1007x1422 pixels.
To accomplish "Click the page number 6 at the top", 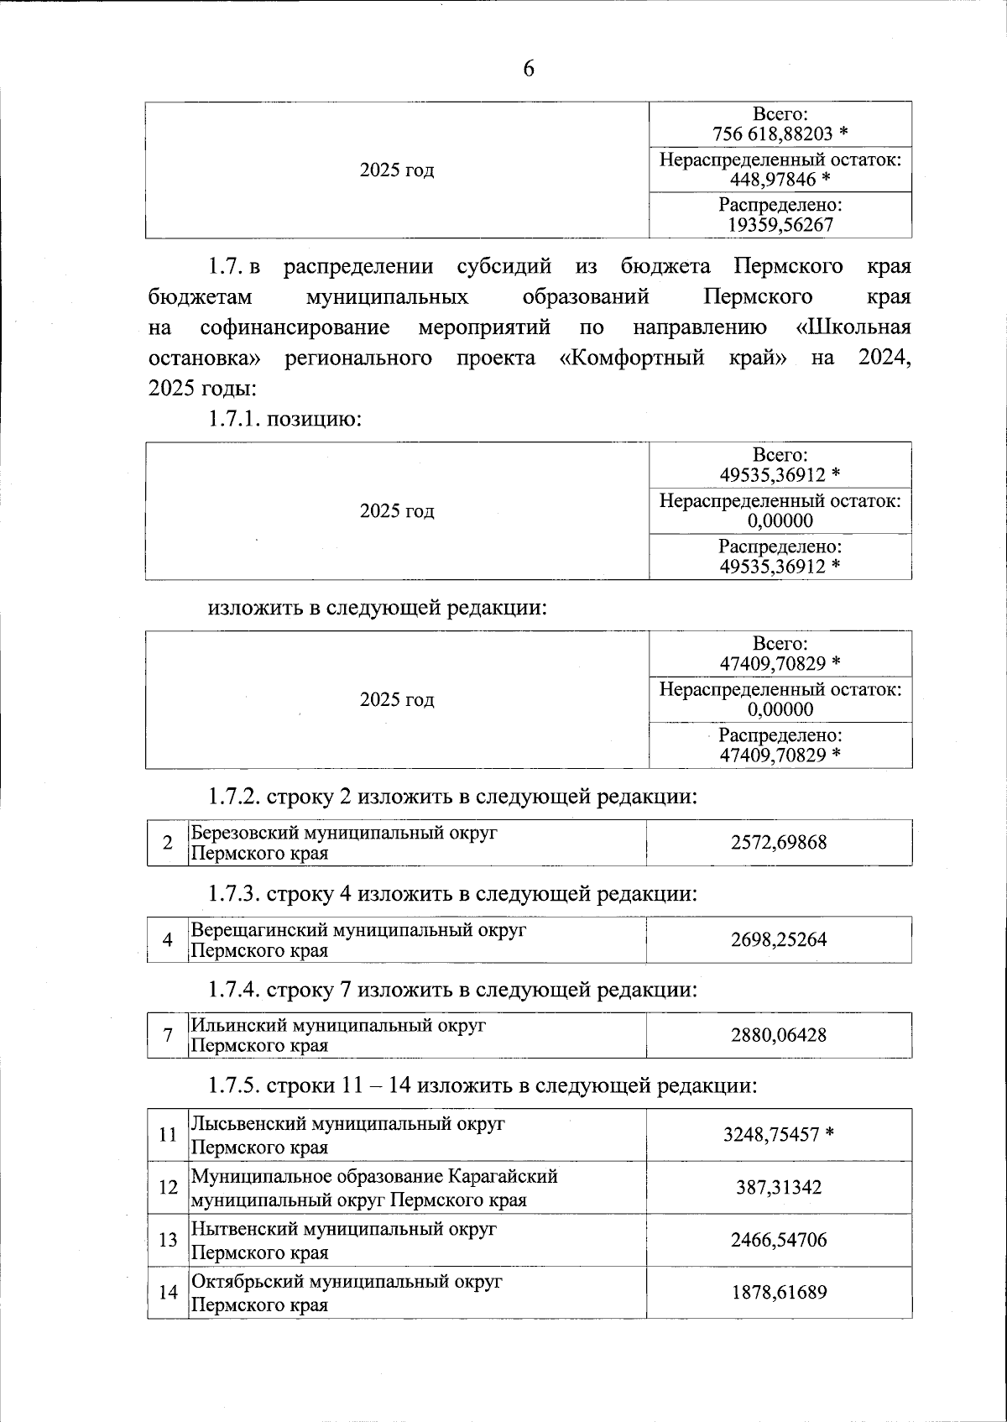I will coord(529,70).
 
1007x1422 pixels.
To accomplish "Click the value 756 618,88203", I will coord(772,134).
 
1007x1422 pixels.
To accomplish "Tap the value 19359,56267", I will coord(780,225).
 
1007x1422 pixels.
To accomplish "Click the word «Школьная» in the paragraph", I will coord(853,327).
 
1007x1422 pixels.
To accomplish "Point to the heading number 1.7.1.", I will coord(234,418).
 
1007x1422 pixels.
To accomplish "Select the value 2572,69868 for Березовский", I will coord(779,843).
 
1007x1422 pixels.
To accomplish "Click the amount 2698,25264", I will coord(779,940).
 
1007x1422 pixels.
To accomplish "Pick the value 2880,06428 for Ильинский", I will coord(779,1036).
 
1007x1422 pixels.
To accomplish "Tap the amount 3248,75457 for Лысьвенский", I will coord(770,1135).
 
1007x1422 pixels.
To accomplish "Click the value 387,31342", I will coord(779,1188).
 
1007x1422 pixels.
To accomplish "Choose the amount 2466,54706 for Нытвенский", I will coord(779,1241).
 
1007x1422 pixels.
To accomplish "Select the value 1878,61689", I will coord(779,1293).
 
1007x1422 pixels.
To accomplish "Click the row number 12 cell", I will coord(168,1188).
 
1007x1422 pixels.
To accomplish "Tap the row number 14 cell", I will coord(168,1293).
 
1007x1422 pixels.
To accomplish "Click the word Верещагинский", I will coord(259,930).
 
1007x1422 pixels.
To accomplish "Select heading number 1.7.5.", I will coord(234,1086).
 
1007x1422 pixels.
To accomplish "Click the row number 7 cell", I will coord(168,1036).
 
